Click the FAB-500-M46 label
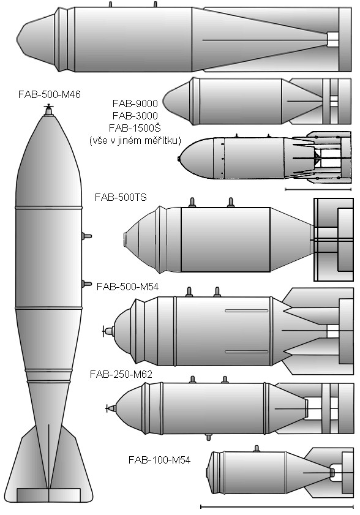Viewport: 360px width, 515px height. click(x=49, y=94)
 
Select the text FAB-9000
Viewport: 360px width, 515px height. click(x=135, y=103)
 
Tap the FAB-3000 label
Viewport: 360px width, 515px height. click(x=135, y=116)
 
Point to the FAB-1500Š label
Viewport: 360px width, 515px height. click(x=135, y=128)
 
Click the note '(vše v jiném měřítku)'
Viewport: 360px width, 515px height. click(x=135, y=141)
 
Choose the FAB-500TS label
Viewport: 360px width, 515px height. click(x=121, y=197)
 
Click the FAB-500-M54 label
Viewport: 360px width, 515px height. click(x=127, y=287)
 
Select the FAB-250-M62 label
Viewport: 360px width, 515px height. click(x=121, y=374)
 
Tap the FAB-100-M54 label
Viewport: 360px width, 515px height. click(x=159, y=460)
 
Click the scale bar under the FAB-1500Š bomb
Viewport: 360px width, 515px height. click(x=318, y=189)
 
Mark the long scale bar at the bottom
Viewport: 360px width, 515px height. click(x=277, y=506)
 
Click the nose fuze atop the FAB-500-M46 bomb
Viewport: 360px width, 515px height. click(x=48, y=110)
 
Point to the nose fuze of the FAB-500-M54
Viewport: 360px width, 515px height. click(x=109, y=331)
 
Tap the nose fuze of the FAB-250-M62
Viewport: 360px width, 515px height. click(x=111, y=408)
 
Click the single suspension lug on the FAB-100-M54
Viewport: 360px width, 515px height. click(x=257, y=449)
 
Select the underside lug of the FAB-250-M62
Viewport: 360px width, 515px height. click(x=208, y=437)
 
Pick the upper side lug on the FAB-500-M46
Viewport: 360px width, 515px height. click(x=87, y=236)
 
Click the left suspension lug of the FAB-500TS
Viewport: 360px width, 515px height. click(x=192, y=203)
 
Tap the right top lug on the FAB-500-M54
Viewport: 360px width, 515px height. click(x=217, y=292)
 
